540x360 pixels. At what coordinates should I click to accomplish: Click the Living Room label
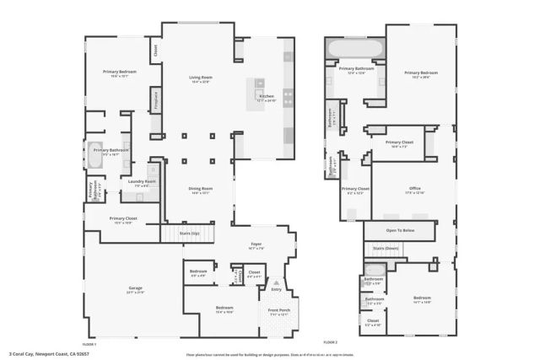pyautogui.click(x=200, y=78)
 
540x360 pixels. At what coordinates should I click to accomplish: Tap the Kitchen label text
pyautogui.click(x=267, y=97)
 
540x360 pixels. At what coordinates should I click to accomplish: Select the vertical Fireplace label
pyautogui.click(x=156, y=100)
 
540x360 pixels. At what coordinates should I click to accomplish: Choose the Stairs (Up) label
pyautogui.click(x=190, y=231)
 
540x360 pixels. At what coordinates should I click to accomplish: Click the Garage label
pyautogui.click(x=135, y=288)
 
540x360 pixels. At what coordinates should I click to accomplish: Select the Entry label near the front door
pyautogui.click(x=276, y=289)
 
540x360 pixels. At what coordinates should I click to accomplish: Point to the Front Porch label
pyautogui.click(x=279, y=310)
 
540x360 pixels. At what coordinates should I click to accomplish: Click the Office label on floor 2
pyautogui.click(x=414, y=188)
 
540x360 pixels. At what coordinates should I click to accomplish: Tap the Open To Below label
pyautogui.click(x=400, y=229)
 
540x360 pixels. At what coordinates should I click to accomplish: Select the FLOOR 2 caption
pyautogui.click(x=330, y=343)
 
